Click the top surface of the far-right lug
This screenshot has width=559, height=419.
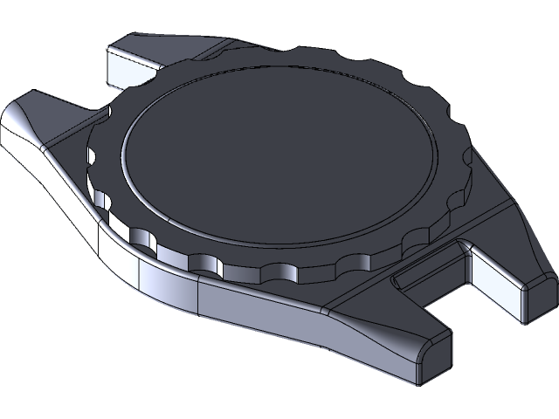[x=515, y=253]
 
